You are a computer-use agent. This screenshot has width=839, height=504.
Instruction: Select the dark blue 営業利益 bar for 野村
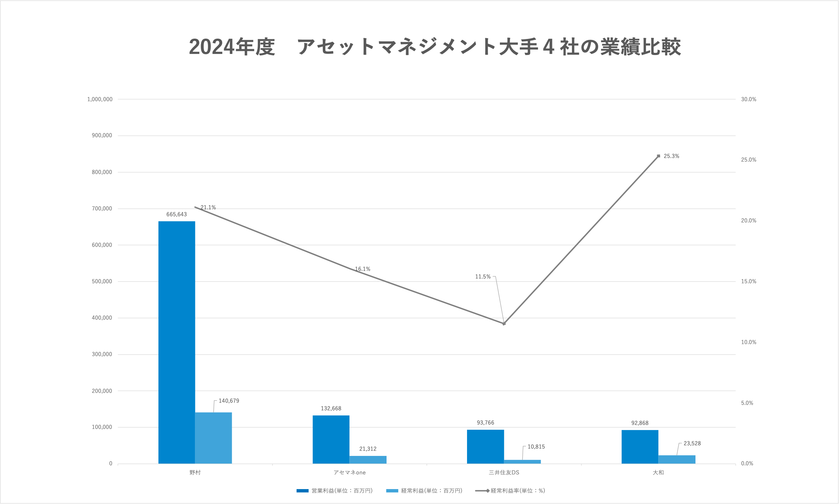coord(177,342)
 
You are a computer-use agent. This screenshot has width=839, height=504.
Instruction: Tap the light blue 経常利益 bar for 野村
coord(213,438)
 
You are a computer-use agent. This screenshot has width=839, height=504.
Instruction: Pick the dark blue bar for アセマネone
coord(331,439)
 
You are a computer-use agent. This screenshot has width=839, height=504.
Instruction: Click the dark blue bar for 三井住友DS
coord(485,446)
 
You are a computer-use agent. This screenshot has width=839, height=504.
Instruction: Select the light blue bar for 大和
coord(677,459)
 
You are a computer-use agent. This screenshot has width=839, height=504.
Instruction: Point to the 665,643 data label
coord(177,214)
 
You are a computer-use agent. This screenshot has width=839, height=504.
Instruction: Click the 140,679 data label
coord(229,401)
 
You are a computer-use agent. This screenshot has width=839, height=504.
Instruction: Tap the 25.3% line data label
coord(671,156)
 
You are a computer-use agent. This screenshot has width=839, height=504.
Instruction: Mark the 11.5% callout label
coord(483,277)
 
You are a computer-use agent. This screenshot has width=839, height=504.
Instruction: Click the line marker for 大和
coord(658,156)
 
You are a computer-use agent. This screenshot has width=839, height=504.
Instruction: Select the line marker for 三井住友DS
coord(504,323)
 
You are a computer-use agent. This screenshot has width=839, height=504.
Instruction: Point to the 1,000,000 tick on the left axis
coord(100,99)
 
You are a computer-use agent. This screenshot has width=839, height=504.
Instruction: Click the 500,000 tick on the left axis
coord(102,281)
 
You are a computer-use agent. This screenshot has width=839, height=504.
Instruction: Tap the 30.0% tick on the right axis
coord(749,99)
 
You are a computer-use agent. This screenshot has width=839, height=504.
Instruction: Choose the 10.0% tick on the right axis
coord(749,342)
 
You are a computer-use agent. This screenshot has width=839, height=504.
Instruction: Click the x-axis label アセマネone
coord(349,473)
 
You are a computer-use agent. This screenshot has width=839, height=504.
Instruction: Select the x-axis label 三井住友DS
coord(504,473)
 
